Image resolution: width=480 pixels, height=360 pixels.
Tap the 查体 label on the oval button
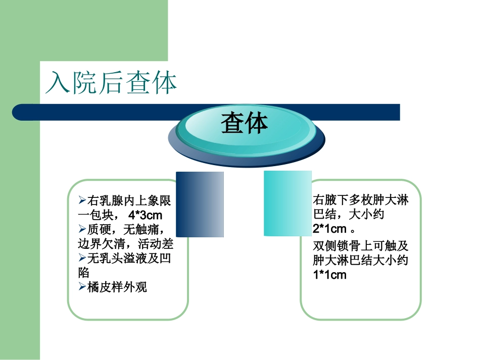(x=244, y=123)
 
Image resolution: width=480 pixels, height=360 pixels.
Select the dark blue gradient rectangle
(x=200, y=204)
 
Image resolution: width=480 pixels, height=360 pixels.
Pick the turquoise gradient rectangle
(x=287, y=203)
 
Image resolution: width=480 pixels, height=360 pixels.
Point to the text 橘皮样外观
(x=117, y=287)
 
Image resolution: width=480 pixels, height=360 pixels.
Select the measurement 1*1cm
(x=330, y=275)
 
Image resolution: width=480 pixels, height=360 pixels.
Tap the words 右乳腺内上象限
(x=129, y=201)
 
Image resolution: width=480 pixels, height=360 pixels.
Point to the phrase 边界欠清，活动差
(x=125, y=244)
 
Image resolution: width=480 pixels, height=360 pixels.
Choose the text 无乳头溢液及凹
(x=129, y=259)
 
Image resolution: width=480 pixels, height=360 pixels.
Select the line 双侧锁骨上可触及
(x=360, y=246)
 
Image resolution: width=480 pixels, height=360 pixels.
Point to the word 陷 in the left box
(x=83, y=273)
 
